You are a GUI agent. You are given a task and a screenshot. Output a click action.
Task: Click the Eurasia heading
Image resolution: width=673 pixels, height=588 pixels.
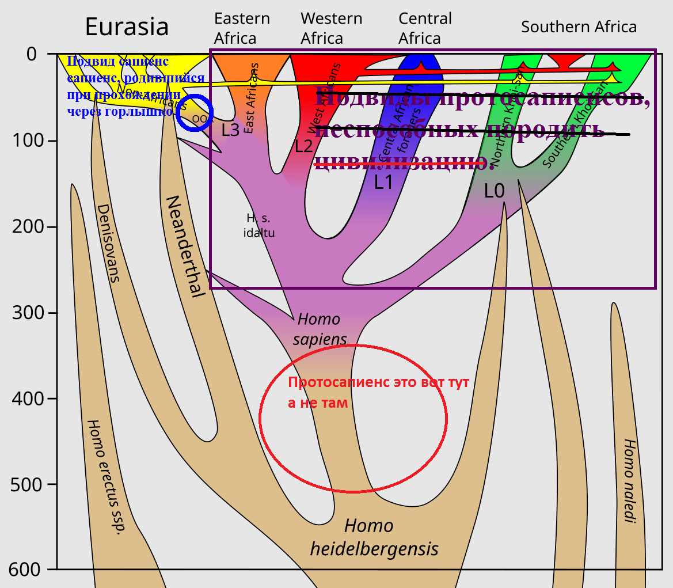tap(127, 27)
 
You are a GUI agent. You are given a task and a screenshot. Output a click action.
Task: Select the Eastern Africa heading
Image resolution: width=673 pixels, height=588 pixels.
tap(242, 28)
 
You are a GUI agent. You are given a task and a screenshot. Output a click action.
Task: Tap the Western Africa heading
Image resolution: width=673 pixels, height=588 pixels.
tap(331, 28)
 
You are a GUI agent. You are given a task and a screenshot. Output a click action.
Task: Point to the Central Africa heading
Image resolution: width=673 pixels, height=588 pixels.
tap(425, 28)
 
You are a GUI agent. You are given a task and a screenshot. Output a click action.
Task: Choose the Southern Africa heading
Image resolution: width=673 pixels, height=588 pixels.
tap(579, 27)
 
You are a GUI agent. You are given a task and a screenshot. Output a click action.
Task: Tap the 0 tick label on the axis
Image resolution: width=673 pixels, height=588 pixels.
tap(32, 54)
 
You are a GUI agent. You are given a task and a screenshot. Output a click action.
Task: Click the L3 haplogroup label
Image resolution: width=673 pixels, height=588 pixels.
tap(230, 130)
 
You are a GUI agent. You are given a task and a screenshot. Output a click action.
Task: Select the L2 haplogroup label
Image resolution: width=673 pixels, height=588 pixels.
tap(303, 146)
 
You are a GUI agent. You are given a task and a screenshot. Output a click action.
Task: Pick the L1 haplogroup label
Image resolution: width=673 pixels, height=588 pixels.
tap(383, 183)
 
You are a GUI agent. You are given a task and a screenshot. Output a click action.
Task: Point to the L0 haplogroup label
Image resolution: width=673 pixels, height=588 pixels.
tap(494, 191)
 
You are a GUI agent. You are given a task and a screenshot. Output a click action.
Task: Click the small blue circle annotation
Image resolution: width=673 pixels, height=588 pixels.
tap(195, 113)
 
